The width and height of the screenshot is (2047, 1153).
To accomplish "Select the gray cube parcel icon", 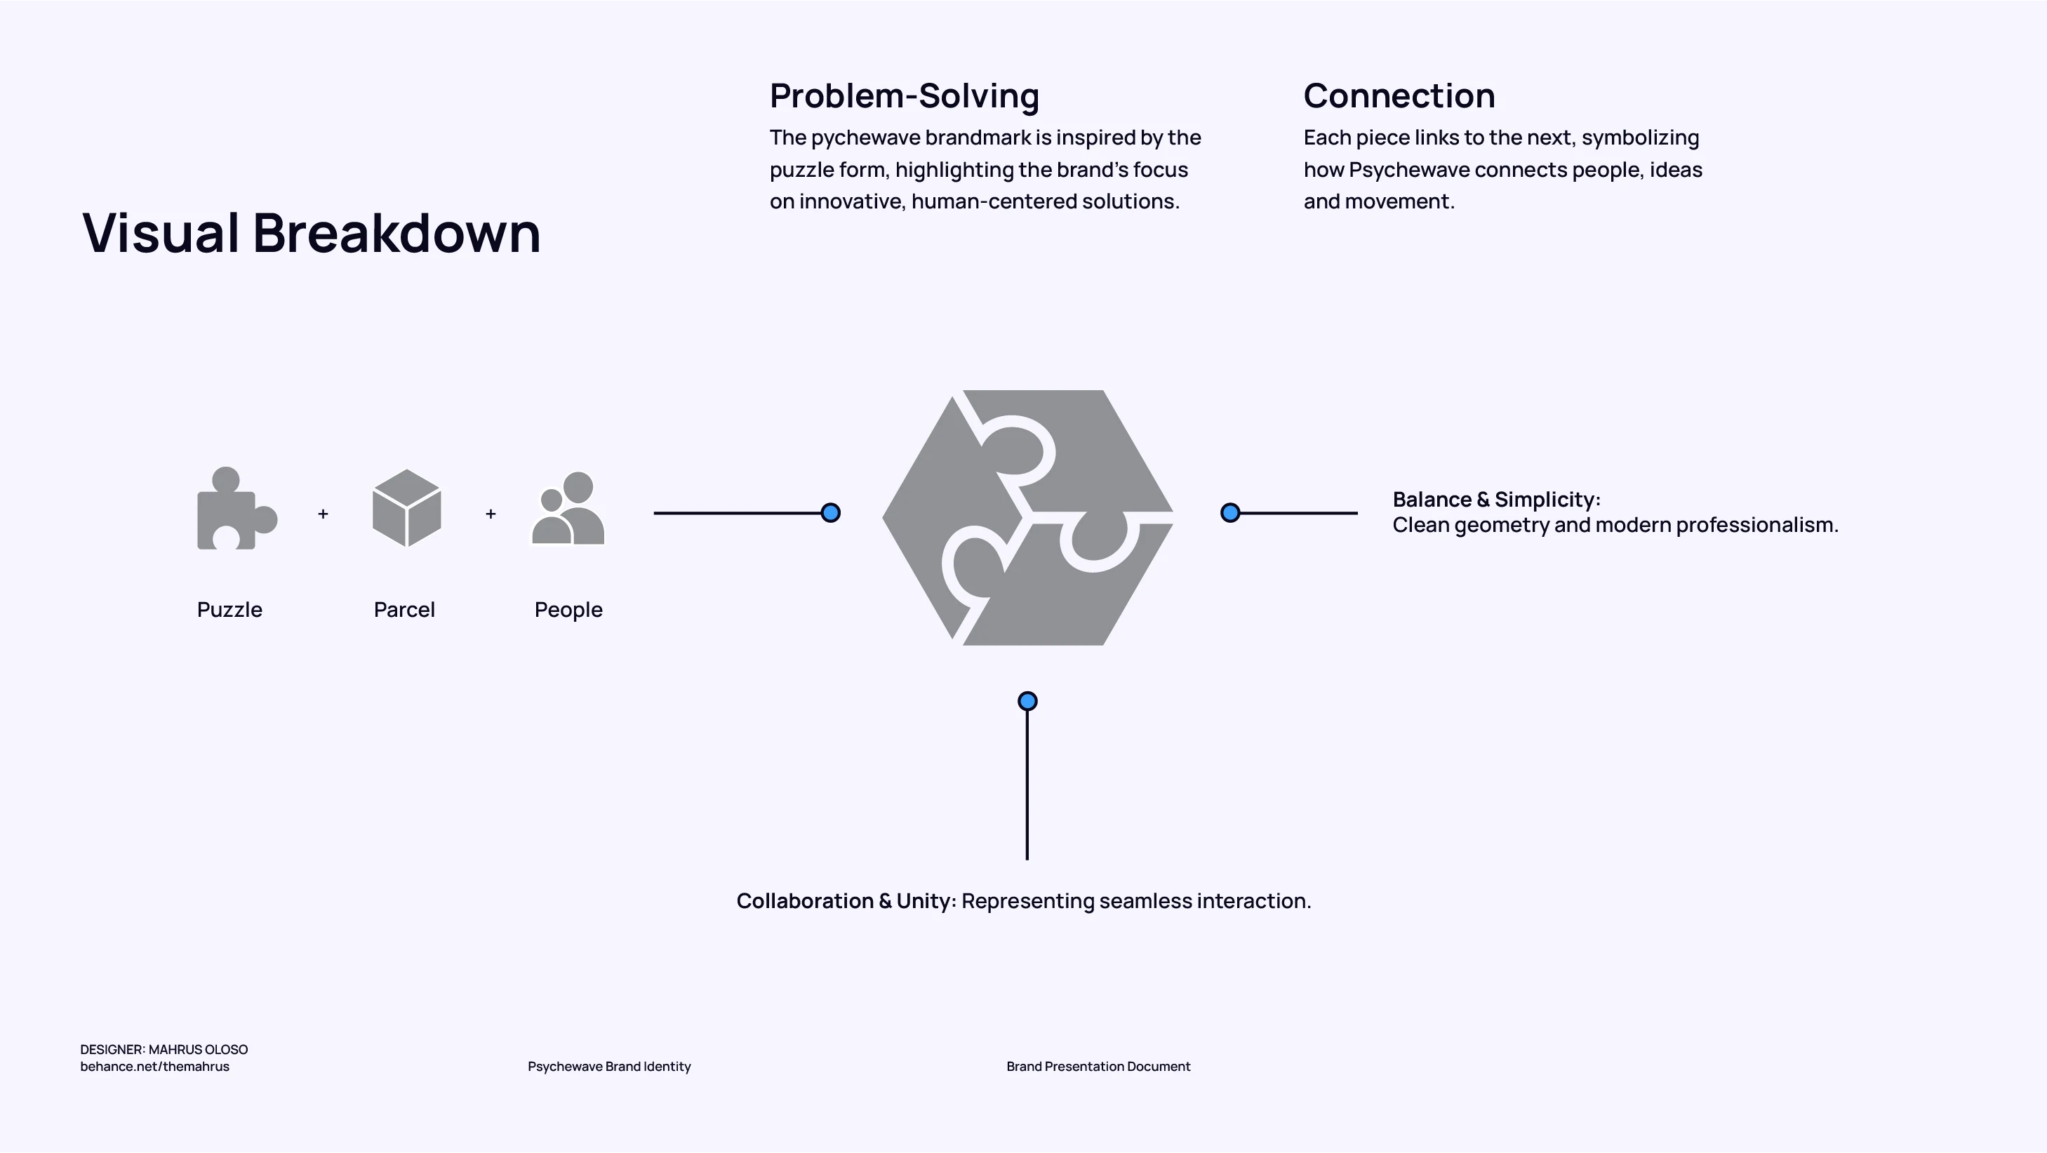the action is click(406, 509).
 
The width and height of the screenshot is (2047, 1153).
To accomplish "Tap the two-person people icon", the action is click(568, 509).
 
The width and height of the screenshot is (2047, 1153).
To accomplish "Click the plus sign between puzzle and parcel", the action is click(323, 514).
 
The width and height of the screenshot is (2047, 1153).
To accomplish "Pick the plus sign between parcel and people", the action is click(491, 514).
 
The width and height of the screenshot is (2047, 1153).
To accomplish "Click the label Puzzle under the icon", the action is click(229, 611).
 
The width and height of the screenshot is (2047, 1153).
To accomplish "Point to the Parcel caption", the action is click(404, 611).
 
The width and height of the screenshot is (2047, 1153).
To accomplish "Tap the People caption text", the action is click(568, 611).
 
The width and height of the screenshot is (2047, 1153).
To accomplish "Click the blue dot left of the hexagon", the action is click(830, 513).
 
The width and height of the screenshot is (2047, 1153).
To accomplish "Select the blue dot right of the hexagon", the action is click(1230, 513).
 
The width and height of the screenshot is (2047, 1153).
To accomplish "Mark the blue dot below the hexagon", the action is click(1027, 702).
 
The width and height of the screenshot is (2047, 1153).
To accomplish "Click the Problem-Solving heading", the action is click(905, 96).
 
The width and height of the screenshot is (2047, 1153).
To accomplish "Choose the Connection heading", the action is click(1399, 96).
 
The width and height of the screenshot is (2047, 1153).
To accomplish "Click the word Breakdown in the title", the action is click(396, 234).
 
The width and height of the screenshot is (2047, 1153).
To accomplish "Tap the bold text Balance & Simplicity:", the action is click(1496, 500).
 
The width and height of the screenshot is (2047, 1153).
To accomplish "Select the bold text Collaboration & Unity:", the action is click(846, 901).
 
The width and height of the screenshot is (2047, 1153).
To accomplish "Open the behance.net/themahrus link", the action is click(155, 1067).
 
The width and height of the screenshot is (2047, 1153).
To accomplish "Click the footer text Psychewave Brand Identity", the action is click(610, 1067).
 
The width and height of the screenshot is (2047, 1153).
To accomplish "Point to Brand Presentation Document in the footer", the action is click(1098, 1067).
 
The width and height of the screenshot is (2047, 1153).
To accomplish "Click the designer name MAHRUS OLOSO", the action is click(199, 1050).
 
